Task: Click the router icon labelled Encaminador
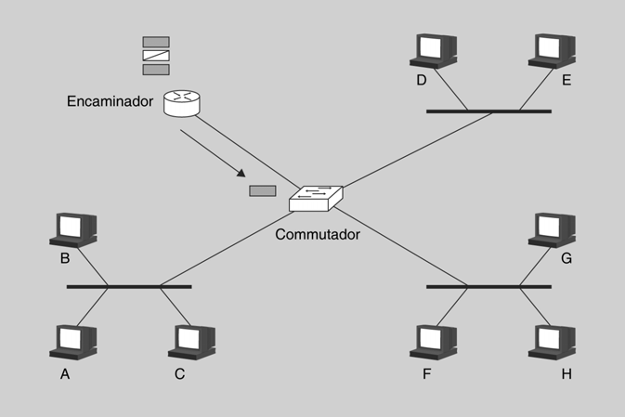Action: tap(182, 102)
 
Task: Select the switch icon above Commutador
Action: tap(316, 197)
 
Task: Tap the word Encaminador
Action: tap(110, 100)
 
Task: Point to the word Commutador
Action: tap(318, 234)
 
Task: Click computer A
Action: tap(72, 342)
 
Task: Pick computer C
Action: tap(191, 342)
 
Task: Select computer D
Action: tap(433, 51)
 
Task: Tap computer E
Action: tap(552, 51)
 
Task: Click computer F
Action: tap(433, 342)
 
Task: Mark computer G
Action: tap(552, 229)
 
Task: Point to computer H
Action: tap(552, 342)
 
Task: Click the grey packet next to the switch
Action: tap(262, 191)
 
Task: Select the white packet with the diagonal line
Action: tap(156, 56)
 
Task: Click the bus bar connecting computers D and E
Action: tap(488, 111)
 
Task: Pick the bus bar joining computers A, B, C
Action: tap(129, 287)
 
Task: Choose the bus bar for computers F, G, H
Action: tap(488, 287)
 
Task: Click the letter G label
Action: tap(566, 258)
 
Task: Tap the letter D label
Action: tap(421, 81)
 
